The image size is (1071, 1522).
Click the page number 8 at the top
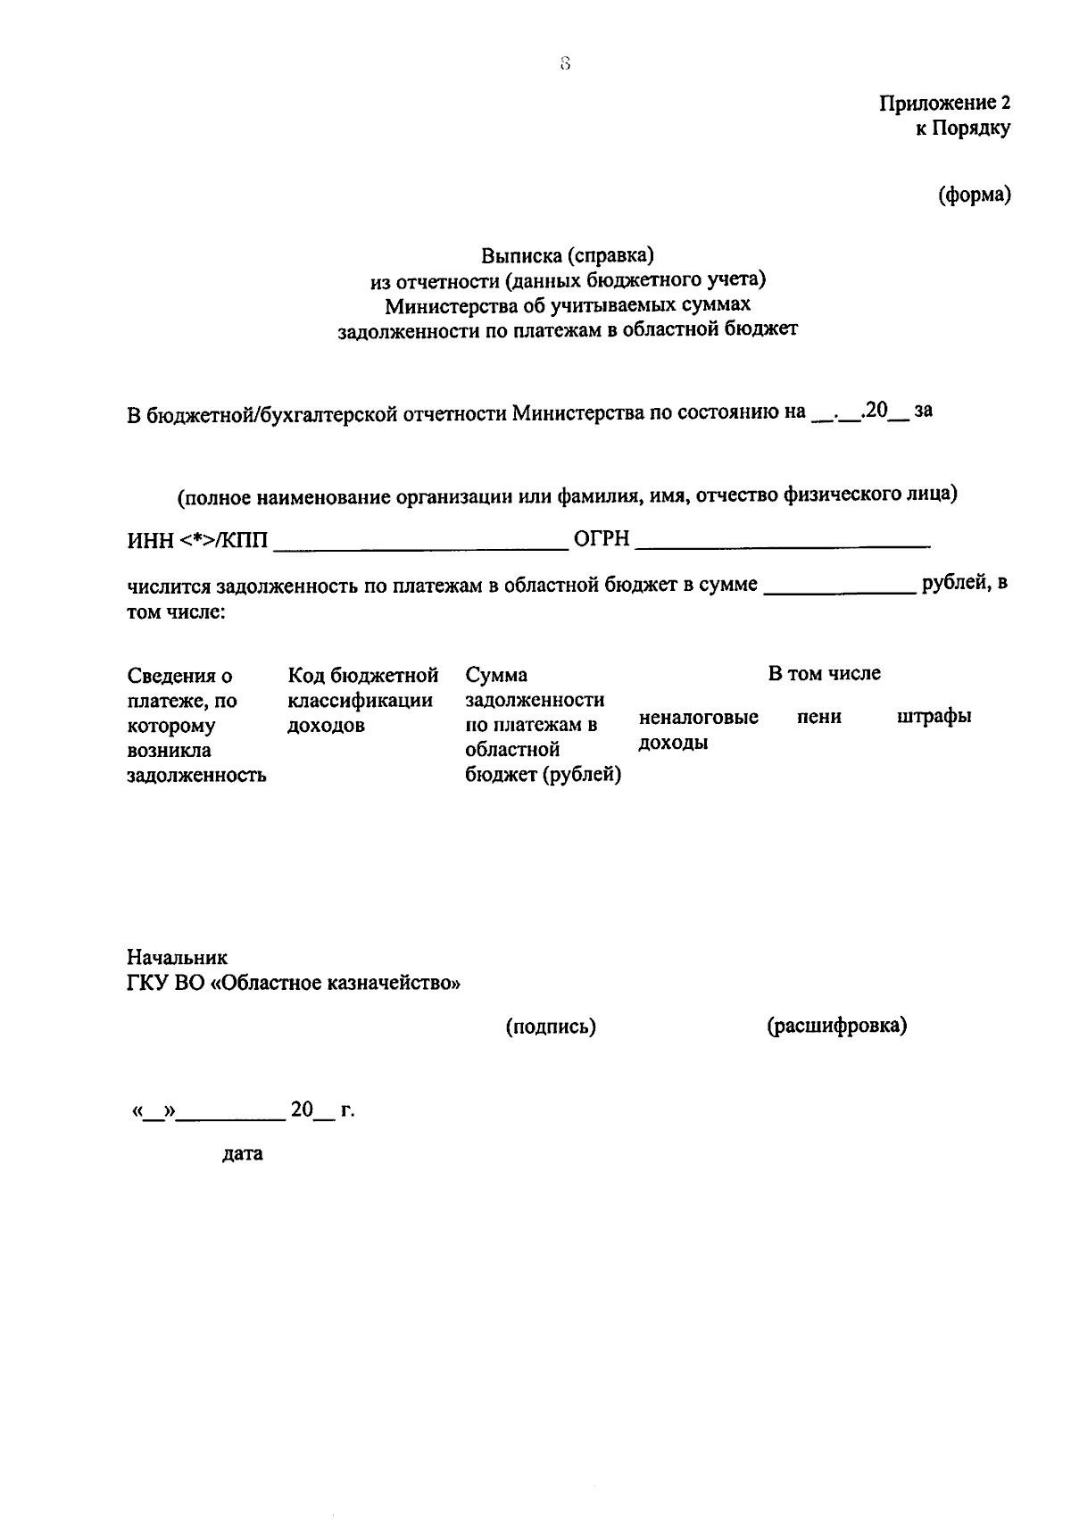tap(565, 63)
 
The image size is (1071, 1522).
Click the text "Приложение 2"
tap(945, 104)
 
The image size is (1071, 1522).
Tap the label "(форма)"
tap(974, 195)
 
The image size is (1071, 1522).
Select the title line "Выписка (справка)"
tap(568, 256)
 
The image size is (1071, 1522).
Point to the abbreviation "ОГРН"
tap(602, 539)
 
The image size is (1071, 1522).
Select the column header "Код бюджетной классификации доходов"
tap(362, 700)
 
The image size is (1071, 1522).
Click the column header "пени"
tap(818, 717)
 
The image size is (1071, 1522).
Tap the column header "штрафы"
tap(934, 717)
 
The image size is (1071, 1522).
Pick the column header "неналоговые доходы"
tap(699, 729)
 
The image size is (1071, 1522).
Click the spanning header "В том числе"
tap(824, 674)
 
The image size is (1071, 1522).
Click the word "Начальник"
tap(177, 958)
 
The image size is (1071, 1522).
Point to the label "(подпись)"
tap(551, 1027)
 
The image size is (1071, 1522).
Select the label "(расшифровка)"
tap(836, 1027)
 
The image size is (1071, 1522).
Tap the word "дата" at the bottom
tap(242, 1153)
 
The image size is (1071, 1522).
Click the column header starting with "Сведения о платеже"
tap(196, 725)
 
